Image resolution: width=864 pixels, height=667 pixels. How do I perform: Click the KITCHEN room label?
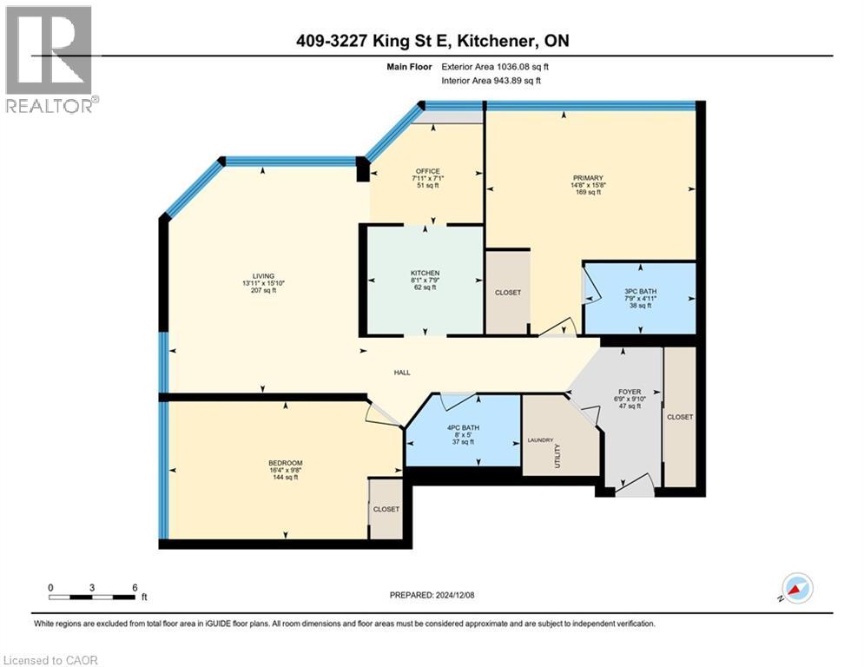click(x=425, y=273)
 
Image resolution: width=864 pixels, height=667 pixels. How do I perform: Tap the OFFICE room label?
click(x=426, y=171)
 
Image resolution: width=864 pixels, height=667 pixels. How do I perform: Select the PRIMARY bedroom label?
click(x=588, y=178)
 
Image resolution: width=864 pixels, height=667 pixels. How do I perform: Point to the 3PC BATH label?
click(x=640, y=291)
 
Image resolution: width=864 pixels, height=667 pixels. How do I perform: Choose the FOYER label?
click(x=630, y=392)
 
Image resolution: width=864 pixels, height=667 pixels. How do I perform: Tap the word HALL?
click(x=401, y=373)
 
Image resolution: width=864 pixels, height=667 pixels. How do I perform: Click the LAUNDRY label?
click(x=540, y=440)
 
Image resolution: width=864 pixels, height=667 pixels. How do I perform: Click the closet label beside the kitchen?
click(x=508, y=293)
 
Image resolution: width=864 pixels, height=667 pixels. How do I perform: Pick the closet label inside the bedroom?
click(x=386, y=509)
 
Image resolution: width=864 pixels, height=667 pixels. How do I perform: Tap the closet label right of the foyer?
click(x=680, y=417)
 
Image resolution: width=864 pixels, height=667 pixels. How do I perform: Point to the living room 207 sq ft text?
click(x=263, y=291)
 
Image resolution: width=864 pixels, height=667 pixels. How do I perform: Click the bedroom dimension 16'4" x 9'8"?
click(x=286, y=470)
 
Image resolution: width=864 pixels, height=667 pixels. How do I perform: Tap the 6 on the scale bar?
click(x=135, y=586)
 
